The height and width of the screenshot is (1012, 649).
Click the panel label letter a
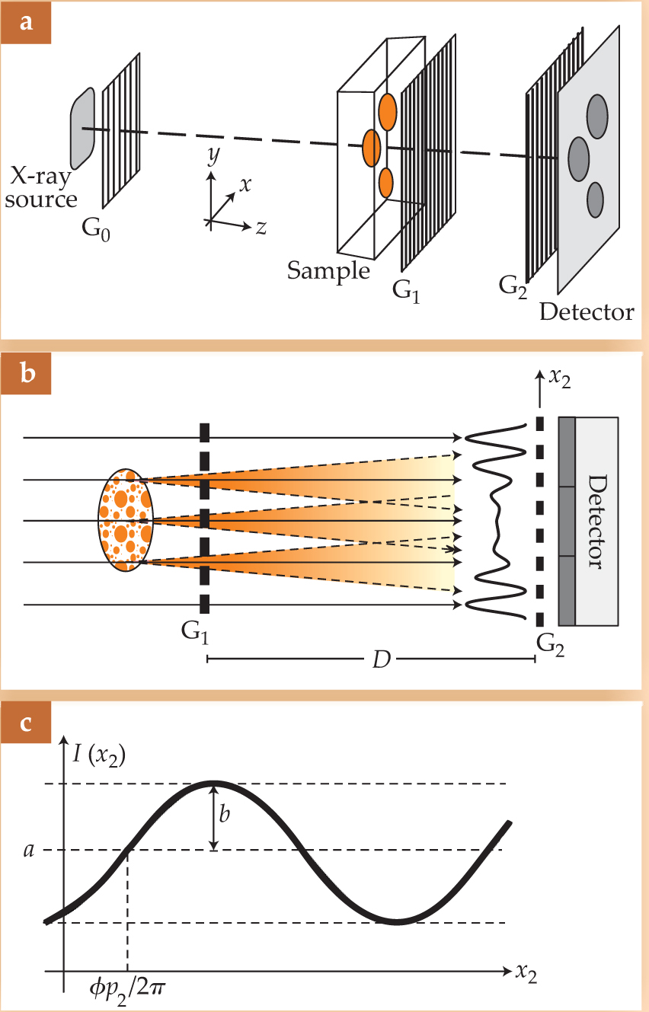pos(26,23)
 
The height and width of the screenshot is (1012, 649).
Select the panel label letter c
pos(26,722)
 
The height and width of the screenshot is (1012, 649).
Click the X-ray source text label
pos(43,189)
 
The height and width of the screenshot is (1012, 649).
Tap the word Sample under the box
pos(328,270)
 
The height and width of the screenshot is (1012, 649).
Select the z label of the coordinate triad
pos(261,227)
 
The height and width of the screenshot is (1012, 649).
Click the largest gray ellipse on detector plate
pos(580,158)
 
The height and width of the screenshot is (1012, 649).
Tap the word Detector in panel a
pos(587,311)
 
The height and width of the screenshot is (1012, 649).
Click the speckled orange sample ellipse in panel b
pos(126,520)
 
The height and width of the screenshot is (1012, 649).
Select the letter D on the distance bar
pos(382,659)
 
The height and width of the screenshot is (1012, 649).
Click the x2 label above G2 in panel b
pos(560,378)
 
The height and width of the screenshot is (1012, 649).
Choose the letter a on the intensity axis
pos(29,850)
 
